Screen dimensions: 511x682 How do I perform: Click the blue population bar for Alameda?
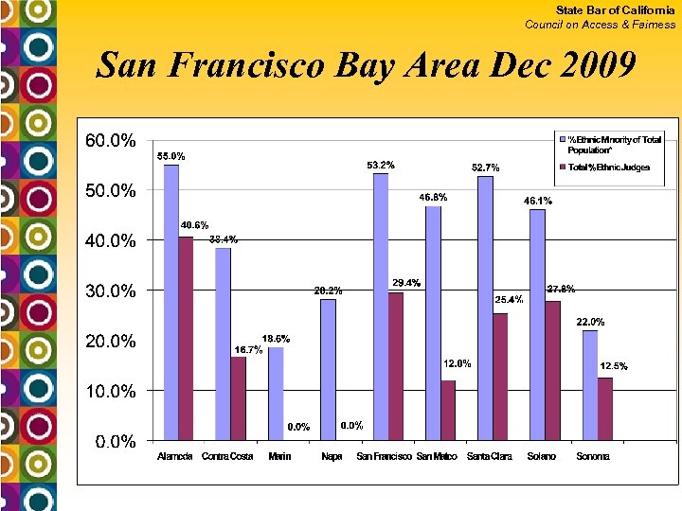[171, 302]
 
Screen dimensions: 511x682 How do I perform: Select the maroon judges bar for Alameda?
[186, 338]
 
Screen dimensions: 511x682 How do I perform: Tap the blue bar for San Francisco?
[381, 307]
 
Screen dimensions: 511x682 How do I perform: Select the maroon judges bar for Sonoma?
[605, 408]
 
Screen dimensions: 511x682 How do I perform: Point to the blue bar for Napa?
[328, 369]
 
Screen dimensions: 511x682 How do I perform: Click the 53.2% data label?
[381, 165]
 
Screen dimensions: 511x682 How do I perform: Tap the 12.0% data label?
[458, 363]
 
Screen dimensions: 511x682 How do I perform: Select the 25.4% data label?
[510, 299]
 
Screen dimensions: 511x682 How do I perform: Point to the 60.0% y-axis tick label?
[111, 141]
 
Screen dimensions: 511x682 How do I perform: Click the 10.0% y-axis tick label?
[111, 391]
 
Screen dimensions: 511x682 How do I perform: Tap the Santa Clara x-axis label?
[491, 457]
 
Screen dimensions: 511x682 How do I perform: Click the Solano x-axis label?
[543, 457]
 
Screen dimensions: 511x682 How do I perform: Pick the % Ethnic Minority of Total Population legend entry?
[614, 145]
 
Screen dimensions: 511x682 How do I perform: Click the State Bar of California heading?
[616, 9]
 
